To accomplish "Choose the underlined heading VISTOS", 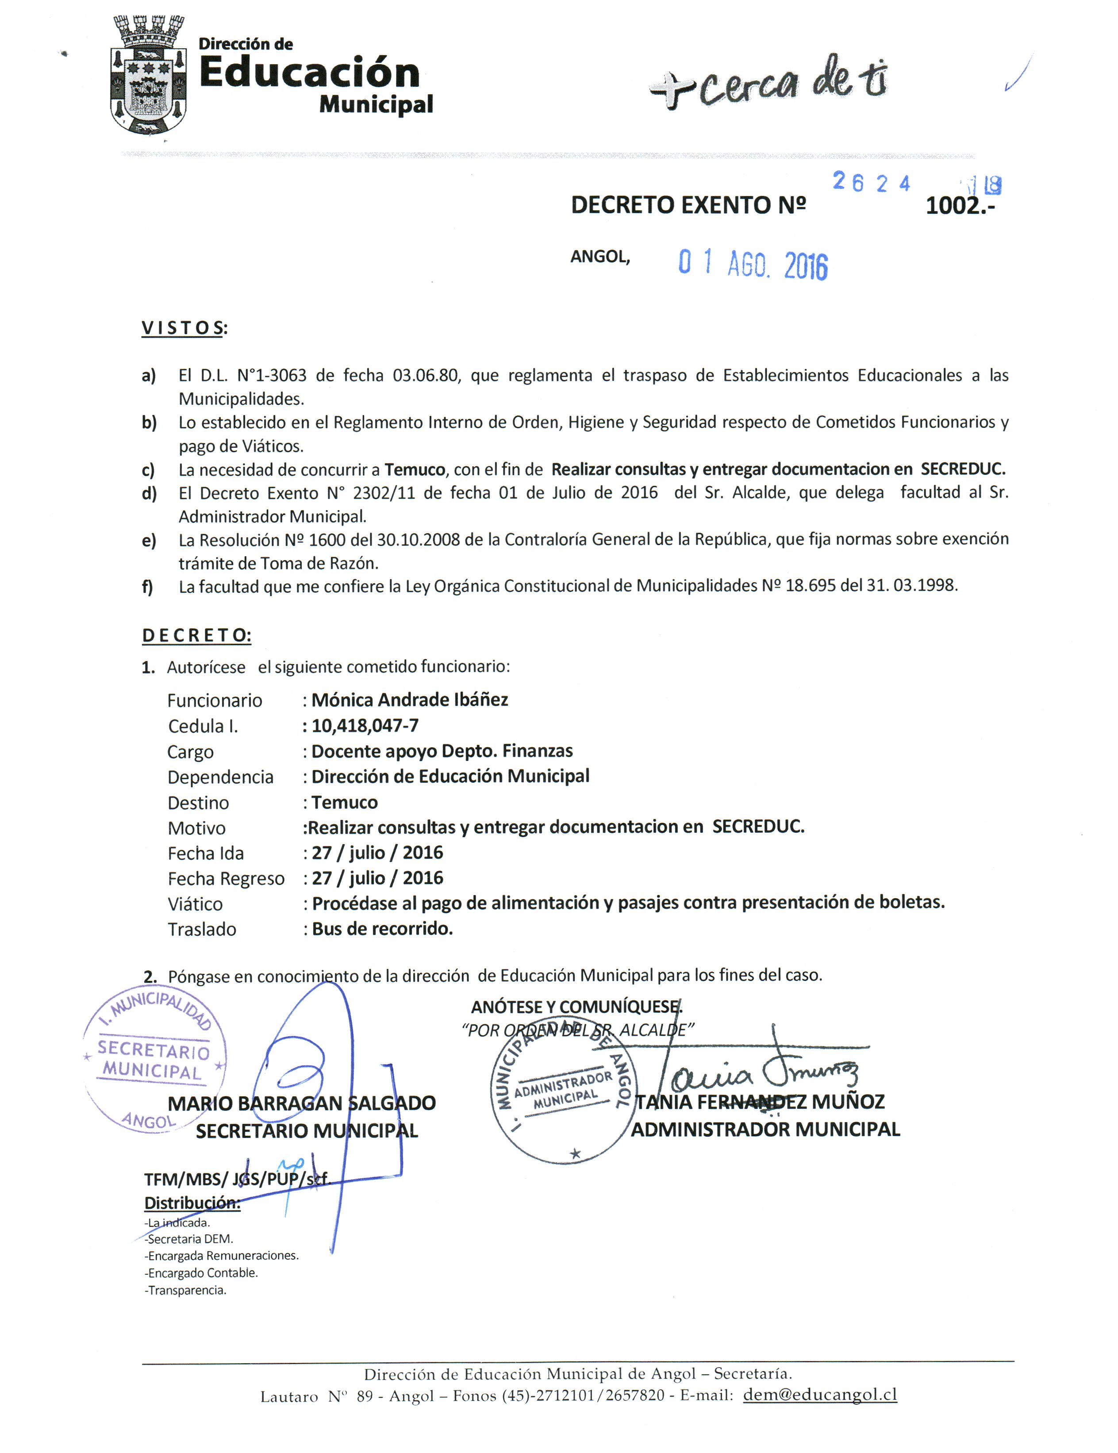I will (x=183, y=328).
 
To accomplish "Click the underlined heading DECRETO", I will (x=196, y=635).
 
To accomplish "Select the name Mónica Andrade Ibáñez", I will (x=410, y=700).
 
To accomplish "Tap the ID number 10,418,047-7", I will (x=365, y=725).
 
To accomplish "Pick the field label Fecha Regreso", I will (x=226, y=879).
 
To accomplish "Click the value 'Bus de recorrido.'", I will (x=382, y=929).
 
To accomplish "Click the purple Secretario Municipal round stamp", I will (x=154, y=1059).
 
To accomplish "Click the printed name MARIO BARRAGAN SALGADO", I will (x=301, y=1103).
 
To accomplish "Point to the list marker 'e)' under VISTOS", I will (x=149, y=540).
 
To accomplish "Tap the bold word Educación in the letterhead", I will (x=309, y=73).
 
